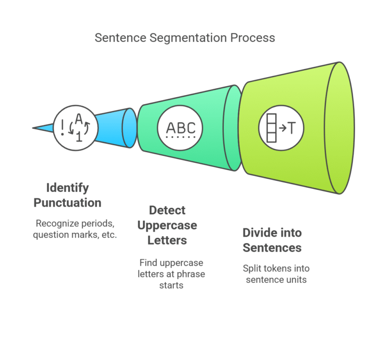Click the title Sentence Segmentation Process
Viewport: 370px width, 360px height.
pos(184,38)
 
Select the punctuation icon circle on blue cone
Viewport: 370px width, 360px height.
pos(75,128)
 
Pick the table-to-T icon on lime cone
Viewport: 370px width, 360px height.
pos(281,128)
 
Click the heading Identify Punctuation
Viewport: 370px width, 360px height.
pos(67,195)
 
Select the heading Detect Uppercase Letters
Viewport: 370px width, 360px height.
pos(167,225)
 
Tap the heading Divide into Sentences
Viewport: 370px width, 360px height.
pos(272,240)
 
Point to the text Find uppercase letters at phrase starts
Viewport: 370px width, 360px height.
pos(172,274)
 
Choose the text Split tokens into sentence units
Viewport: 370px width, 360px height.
pos(277,274)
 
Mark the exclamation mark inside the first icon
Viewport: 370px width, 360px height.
pos(63,127)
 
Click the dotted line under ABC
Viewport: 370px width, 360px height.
pos(180,137)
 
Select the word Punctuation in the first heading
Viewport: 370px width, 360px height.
pos(67,203)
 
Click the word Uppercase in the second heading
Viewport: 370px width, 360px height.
pos(167,225)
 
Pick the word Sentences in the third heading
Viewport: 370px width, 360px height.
pos(272,247)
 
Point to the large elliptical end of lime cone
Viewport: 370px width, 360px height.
pos(339,128)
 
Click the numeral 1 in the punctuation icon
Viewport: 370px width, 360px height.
pos(79,136)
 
